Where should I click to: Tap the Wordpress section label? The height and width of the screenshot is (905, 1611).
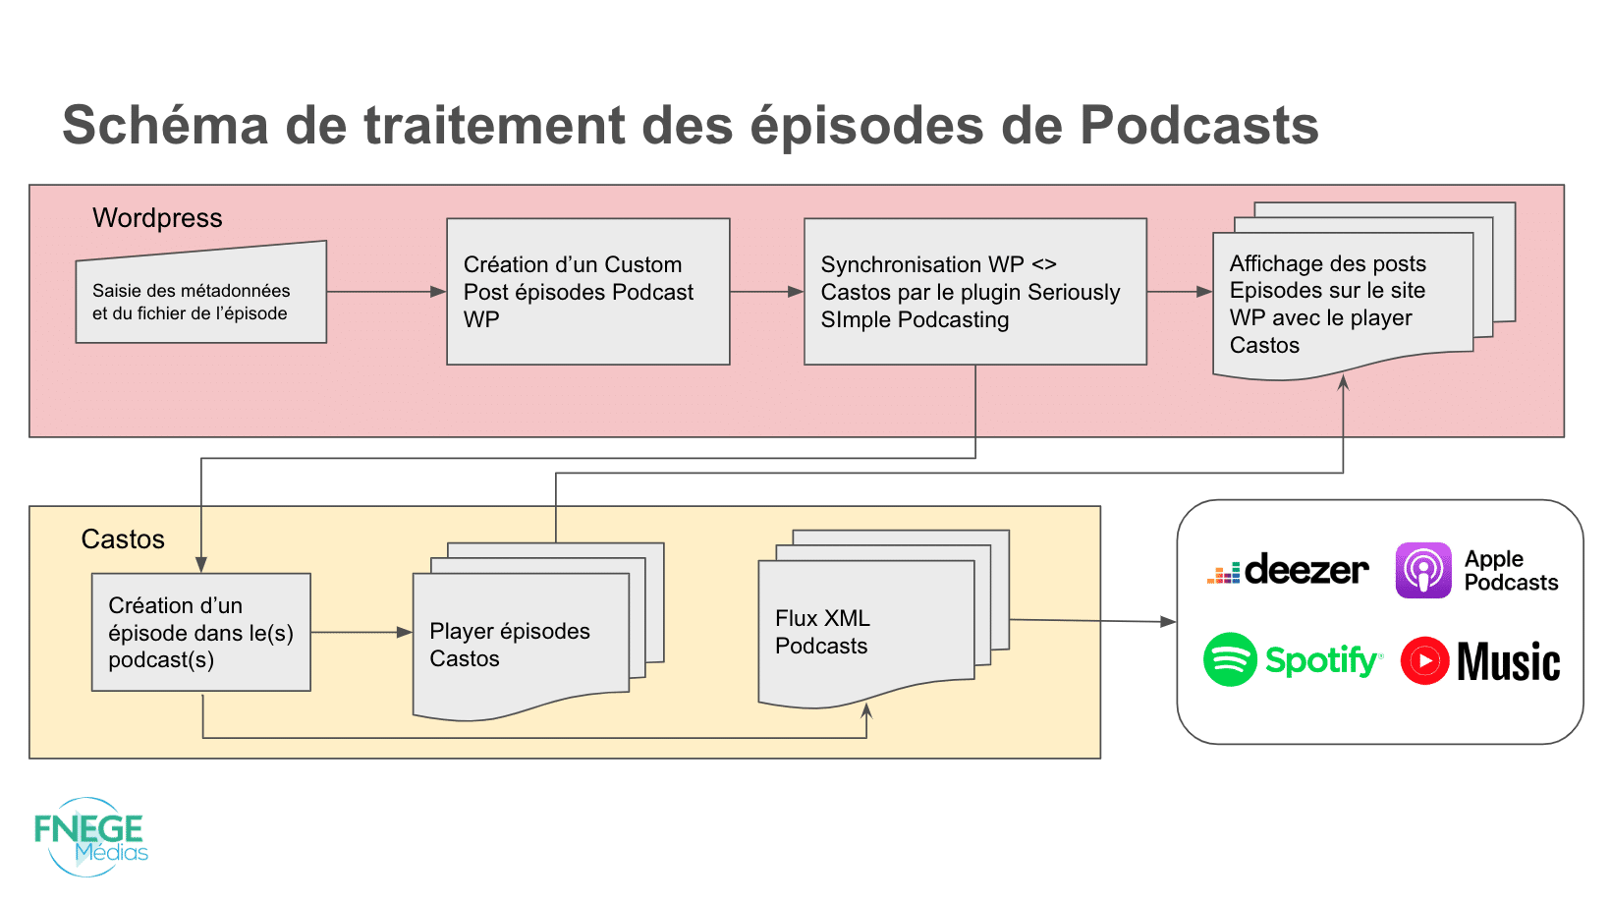(157, 217)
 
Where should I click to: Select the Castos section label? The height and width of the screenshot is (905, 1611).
(123, 538)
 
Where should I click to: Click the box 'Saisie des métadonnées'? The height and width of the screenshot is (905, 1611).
(200, 299)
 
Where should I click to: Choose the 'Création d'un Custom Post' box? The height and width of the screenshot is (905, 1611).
(587, 292)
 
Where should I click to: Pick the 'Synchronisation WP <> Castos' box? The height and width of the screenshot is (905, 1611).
(974, 292)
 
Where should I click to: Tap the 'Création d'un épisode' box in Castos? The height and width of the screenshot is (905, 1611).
(200, 632)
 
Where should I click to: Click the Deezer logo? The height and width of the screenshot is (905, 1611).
(1287, 570)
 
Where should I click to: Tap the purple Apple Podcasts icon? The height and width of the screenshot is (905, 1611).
(1423, 570)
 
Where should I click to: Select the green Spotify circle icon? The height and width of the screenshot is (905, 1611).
(1230, 659)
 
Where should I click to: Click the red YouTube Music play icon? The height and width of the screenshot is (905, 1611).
(1424, 660)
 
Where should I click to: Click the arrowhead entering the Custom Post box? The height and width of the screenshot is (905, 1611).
(439, 292)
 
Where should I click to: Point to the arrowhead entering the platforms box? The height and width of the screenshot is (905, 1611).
(1168, 621)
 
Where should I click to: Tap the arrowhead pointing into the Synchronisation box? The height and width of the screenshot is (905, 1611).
(797, 292)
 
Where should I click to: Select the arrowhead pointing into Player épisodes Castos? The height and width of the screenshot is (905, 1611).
(405, 633)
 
